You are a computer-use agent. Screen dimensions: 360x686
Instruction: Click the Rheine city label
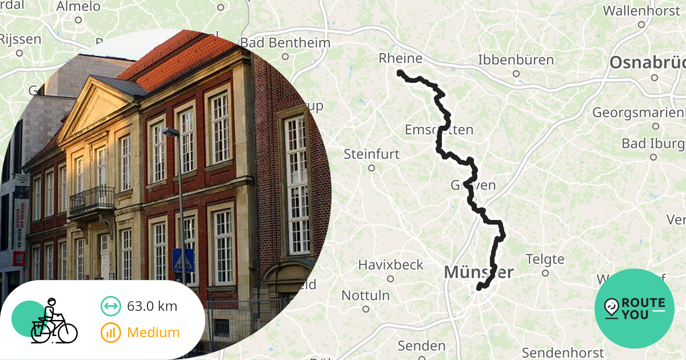pos(400,59)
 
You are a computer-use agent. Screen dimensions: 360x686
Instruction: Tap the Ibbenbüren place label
pos(516,60)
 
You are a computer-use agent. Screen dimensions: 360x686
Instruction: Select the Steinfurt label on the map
pos(371,154)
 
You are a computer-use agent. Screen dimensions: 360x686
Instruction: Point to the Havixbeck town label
pos(390,265)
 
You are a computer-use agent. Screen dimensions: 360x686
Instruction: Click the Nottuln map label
pos(365,296)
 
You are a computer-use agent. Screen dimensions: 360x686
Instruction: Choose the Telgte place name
pos(545,259)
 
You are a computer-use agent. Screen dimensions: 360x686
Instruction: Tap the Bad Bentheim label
pos(285,43)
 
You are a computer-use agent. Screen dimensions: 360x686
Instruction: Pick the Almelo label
pos(78,7)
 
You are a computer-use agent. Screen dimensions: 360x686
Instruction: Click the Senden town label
pos(421,346)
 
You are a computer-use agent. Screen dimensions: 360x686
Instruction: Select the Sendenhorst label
pos(563,353)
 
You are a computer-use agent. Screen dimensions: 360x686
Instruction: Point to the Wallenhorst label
pos(641,11)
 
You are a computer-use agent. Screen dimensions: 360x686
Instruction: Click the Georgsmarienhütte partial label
pos(638,113)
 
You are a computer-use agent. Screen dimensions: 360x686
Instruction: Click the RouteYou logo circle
pos(634,309)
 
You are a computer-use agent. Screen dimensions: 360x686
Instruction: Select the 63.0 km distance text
pos(152,306)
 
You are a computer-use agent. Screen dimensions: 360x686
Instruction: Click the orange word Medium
pos(153,333)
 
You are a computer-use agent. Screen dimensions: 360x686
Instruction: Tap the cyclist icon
pos(53,321)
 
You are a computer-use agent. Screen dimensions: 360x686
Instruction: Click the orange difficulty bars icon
pos(110,333)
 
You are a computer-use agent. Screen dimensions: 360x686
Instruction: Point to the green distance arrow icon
pos(110,306)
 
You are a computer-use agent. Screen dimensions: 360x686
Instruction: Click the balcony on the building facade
pos(91,200)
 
